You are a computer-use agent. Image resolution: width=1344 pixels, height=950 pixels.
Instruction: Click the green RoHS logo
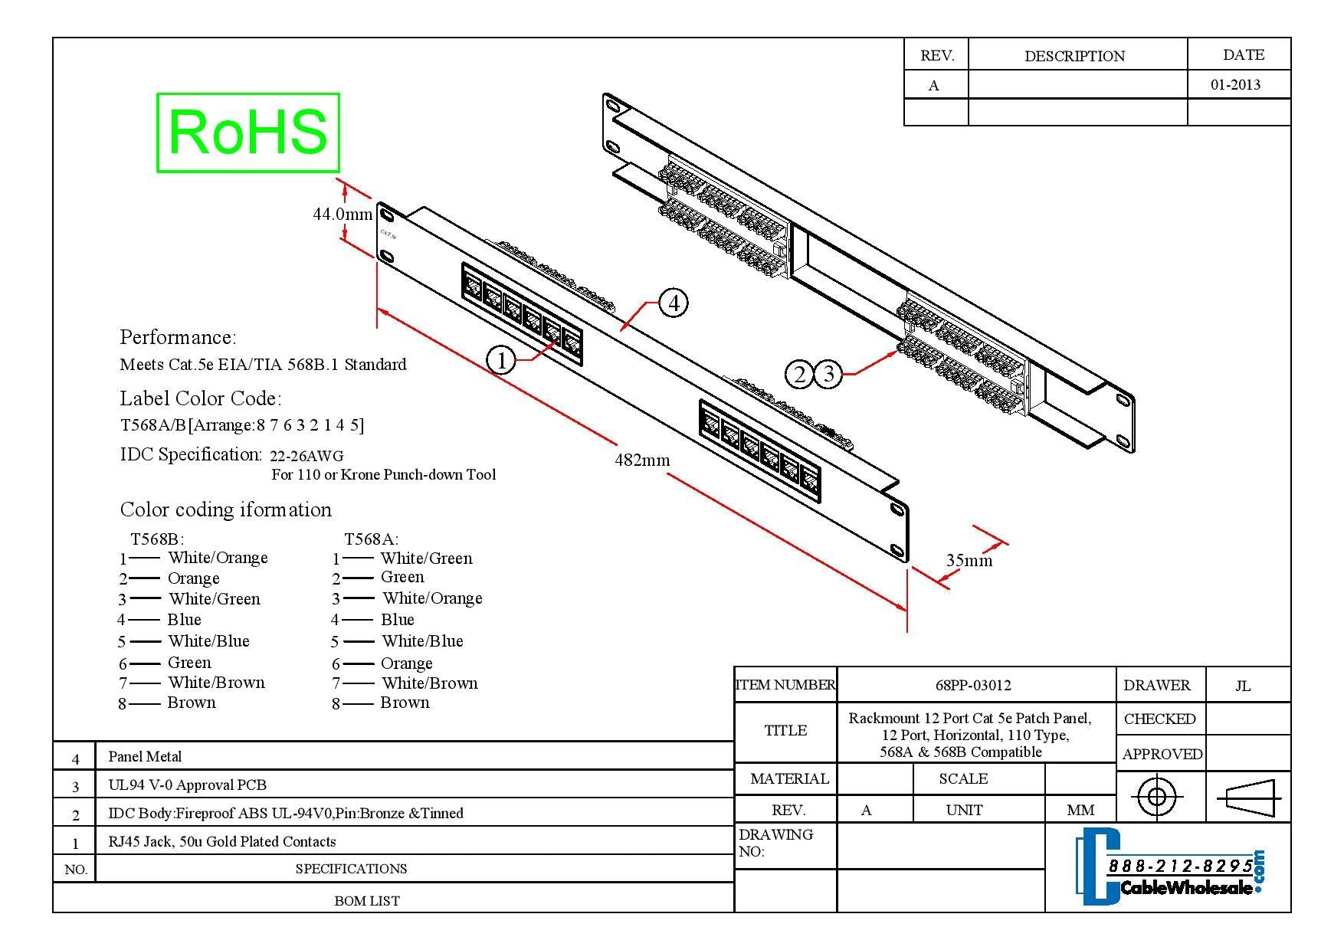pyautogui.click(x=248, y=133)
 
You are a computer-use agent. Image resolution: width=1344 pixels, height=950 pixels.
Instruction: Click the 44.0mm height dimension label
pyautogui.click(x=342, y=214)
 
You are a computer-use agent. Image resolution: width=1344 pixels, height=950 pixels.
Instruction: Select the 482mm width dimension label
pyautogui.click(x=642, y=460)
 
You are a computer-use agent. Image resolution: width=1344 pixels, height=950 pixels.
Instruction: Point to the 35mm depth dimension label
pyautogui.click(x=969, y=561)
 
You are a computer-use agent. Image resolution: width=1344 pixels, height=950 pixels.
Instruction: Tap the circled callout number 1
pyautogui.click(x=501, y=360)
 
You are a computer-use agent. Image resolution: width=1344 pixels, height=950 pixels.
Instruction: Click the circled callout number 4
pyautogui.click(x=674, y=303)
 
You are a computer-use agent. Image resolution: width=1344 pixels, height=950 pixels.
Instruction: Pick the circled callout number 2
pyautogui.click(x=800, y=375)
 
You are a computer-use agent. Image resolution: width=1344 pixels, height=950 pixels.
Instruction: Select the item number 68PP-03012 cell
pyautogui.click(x=973, y=686)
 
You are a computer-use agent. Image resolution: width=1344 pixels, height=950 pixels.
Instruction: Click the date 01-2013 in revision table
pyautogui.click(x=1235, y=85)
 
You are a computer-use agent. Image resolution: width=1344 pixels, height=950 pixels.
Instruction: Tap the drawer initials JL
pyautogui.click(x=1243, y=686)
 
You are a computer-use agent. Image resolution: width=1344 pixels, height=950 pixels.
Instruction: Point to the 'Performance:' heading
pyautogui.click(x=178, y=338)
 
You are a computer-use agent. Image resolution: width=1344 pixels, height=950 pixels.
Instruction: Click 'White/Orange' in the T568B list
pyautogui.click(x=218, y=558)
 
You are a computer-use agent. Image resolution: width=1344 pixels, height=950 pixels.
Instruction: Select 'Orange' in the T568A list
pyautogui.click(x=406, y=663)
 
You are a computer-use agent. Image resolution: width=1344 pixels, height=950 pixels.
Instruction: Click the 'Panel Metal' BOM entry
pyautogui.click(x=145, y=757)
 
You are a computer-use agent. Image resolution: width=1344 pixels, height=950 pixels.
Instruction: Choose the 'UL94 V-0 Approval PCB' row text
pyautogui.click(x=187, y=785)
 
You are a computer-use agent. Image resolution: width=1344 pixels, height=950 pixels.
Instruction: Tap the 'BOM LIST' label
pyautogui.click(x=366, y=901)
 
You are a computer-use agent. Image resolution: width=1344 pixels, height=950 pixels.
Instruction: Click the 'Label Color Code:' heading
pyautogui.click(x=200, y=399)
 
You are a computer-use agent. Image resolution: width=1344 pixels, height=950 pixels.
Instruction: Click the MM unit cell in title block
pyautogui.click(x=1080, y=811)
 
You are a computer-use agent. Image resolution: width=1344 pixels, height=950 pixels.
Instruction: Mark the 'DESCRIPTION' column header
pyautogui.click(x=1074, y=57)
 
